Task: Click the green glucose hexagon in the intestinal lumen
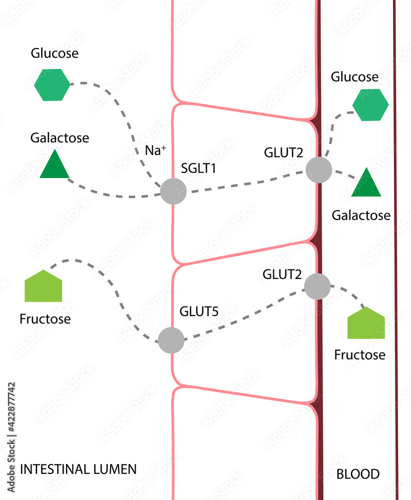click(x=52, y=84)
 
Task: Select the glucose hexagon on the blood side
click(x=370, y=105)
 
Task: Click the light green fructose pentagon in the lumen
click(x=44, y=287)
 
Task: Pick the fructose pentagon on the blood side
click(x=366, y=324)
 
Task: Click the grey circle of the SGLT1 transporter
click(x=173, y=191)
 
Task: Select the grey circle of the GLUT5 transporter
click(x=171, y=340)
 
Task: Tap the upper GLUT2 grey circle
click(x=319, y=169)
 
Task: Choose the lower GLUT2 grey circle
click(x=317, y=286)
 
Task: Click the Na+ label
click(x=155, y=150)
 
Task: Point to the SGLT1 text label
click(x=199, y=168)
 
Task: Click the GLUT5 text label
click(x=199, y=312)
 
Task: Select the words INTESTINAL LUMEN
click(x=78, y=469)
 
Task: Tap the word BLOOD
click(x=357, y=474)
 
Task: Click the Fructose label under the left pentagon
click(x=45, y=319)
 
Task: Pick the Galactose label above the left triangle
click(x=60, y=137)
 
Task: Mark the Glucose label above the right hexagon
click(x=354, y=77)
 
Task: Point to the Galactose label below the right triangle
click(x=361, y=215)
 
